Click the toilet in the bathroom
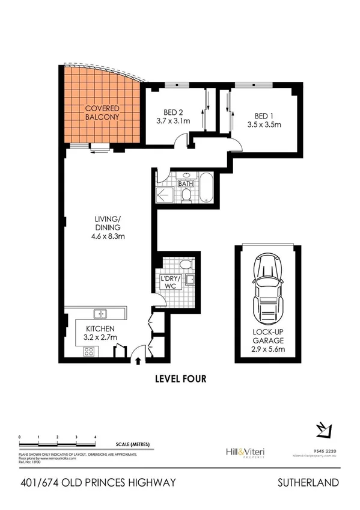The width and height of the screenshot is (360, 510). (x=186, y=194)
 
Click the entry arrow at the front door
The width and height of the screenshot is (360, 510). (x=139, y=361)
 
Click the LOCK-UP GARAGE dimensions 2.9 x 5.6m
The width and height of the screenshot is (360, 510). (x=265, y=349)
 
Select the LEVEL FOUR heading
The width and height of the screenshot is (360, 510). (x=180, y=379)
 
